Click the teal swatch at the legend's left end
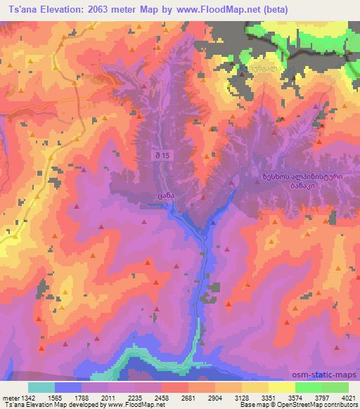coord(41,387)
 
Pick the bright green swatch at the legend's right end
coord(335,387)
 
